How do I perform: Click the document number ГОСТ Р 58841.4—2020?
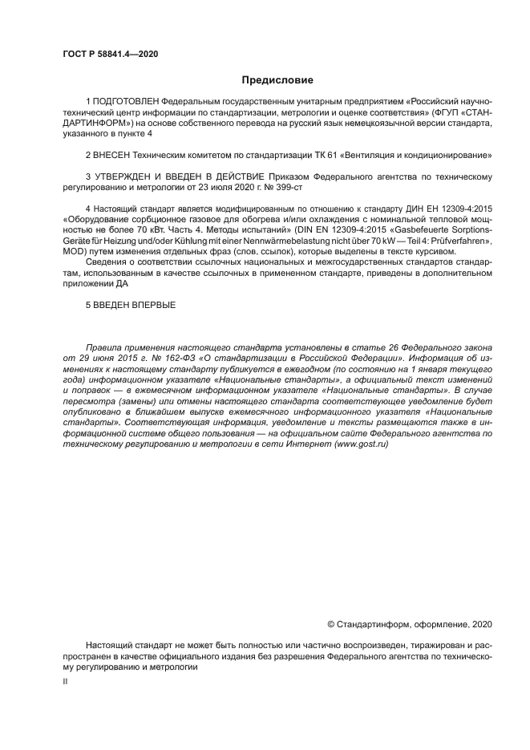(x=109, y=54)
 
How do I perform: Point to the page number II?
(x=66, y=681)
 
